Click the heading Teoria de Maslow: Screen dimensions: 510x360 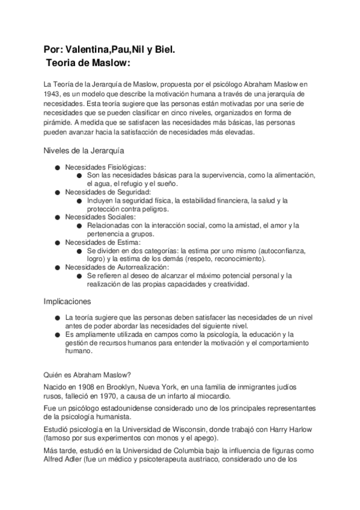[x=88, y=63]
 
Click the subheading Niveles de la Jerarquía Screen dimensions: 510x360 [x=84, y=150]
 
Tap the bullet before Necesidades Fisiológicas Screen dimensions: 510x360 [x=56, y=167]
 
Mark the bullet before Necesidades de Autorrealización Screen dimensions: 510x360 [x=56, y=267]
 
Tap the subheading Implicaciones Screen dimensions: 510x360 [x=67, y=300]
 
